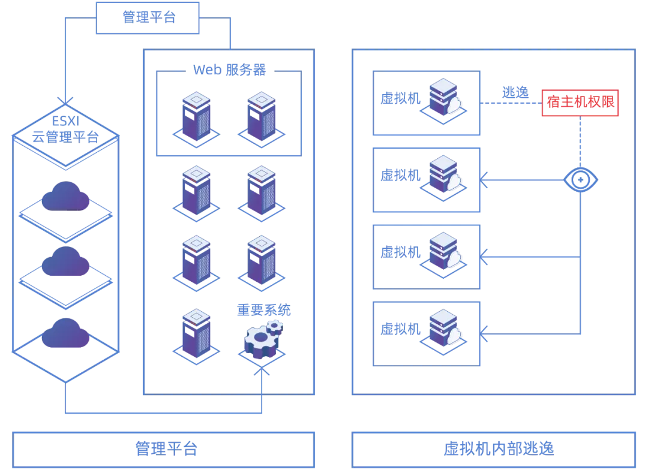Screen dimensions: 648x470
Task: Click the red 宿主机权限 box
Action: tap(580, 103)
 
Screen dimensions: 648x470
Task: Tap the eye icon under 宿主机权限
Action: tap(581, 180)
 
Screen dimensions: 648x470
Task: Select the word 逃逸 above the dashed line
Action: tap(515, 92)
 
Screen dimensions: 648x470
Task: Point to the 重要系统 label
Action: tap(263, 310)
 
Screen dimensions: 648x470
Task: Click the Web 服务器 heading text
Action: tap(229, 70)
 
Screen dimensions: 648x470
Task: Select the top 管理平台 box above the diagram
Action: tap(148, 18)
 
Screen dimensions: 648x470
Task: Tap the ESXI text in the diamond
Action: tap(65, 121)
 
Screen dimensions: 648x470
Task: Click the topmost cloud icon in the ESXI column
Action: tap(65, 196)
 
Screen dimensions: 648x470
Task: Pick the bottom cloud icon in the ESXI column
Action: tap(65, 333)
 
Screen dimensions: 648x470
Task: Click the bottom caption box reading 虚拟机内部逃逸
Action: tap(493, 450)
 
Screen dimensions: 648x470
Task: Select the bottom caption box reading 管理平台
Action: tap(163, 450)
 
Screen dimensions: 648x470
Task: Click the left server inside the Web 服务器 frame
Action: tap(196, 119)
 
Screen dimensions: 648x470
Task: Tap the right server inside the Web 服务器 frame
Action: tap(261, 119)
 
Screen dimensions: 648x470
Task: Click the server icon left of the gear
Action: tap(196, 336)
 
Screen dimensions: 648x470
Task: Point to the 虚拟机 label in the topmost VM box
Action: tap(400, 98)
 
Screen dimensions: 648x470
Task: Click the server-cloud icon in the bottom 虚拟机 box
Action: tap(443, 332)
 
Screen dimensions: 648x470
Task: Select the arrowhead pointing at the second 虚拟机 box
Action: tap(484, 180)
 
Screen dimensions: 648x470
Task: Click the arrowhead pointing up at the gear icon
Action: tap(262, 371)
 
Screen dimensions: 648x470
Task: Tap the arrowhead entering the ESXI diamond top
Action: tap(65, 101)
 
